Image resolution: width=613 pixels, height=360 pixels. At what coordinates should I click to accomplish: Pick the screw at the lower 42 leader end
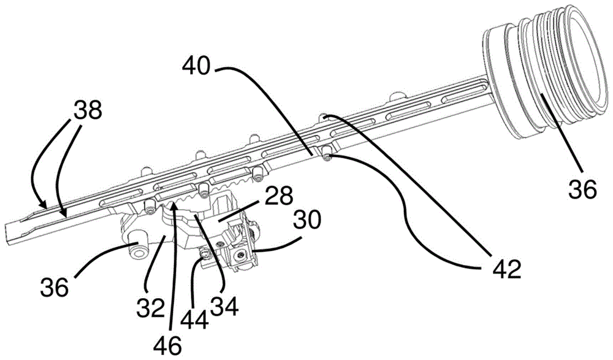(327, 158)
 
